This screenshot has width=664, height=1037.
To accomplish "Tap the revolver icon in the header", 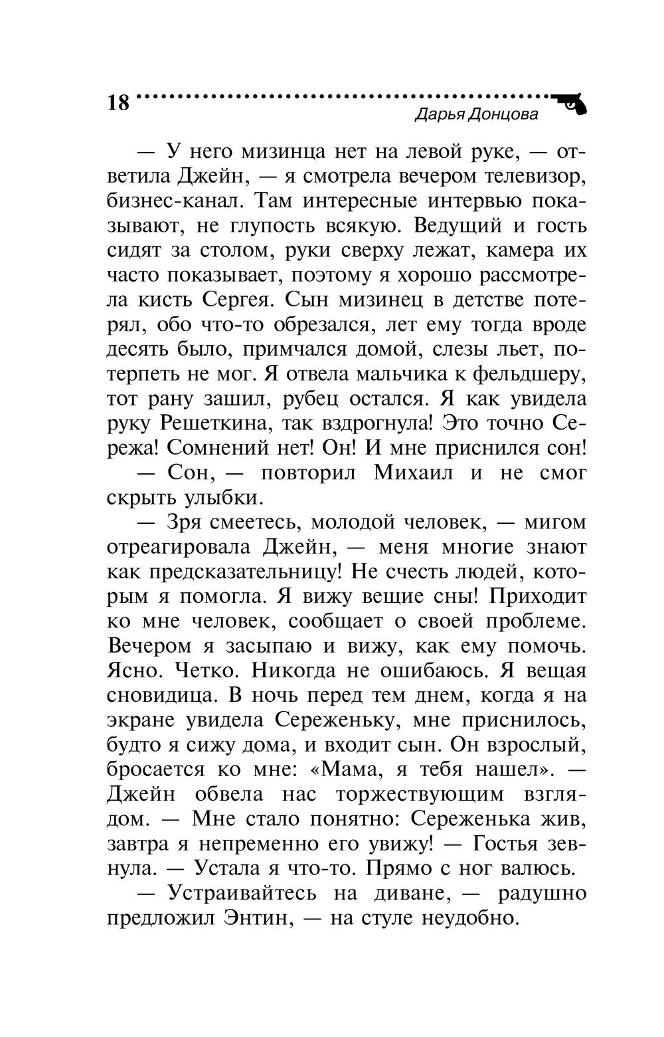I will (571, 104).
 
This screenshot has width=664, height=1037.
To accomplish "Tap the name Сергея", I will (232, 299).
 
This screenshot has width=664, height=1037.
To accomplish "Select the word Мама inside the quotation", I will (349, 769).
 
